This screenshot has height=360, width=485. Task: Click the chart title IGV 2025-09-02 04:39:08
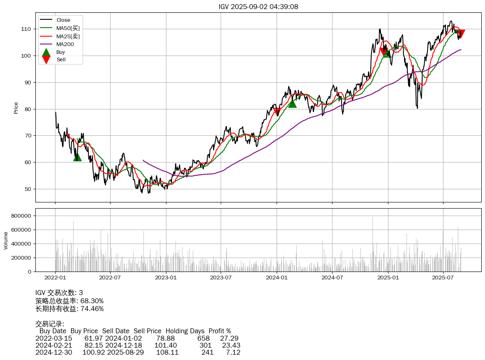(258, 7)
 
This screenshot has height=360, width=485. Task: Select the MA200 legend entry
(65, 44)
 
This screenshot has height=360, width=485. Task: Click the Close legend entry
(63, 20)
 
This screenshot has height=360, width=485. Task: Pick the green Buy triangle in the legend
(46, 52)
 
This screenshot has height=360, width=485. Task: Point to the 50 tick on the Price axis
(28, 189)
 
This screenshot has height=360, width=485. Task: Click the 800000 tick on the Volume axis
(21, 216)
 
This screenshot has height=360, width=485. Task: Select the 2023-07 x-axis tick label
(221, 278)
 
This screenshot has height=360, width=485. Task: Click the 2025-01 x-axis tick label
(388, 278)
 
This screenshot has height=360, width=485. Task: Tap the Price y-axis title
(16, 108)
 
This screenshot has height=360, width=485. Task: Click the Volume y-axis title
(6, 240)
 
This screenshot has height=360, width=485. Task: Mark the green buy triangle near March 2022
(77, 157)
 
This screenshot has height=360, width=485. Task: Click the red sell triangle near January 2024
(277, 111)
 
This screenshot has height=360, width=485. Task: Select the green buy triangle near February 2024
(292, 104)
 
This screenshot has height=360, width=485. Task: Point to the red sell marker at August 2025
(461, 33)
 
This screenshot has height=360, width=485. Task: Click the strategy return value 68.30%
(92, 301)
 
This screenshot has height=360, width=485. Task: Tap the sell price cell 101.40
(167, 345)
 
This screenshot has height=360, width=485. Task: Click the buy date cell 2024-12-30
(54, 353)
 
